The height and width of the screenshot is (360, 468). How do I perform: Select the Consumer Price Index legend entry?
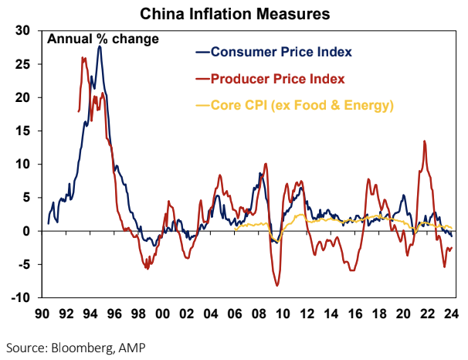point(282,53)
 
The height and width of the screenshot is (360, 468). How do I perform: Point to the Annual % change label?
point(103,39)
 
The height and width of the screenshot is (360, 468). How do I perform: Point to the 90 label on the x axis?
point(47,314)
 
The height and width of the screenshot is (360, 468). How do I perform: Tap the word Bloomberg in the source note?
point(76,346)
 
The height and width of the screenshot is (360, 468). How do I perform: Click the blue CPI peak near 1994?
point(99,46)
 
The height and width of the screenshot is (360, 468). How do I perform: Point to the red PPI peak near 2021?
point(424,141)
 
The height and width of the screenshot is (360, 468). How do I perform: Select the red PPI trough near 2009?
point(277,286)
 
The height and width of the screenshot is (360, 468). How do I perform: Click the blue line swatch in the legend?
point(203,53)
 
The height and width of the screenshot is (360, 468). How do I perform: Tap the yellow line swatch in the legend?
point(203,104)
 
